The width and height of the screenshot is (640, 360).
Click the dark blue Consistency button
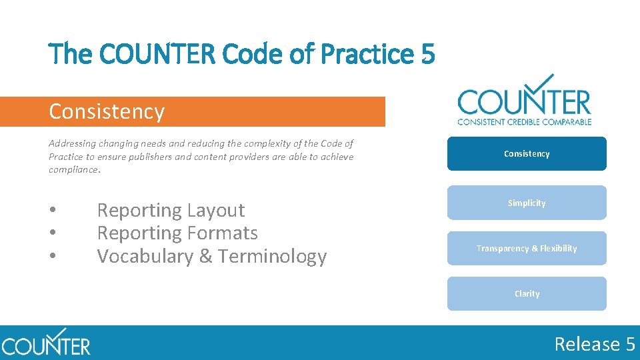click(x=527, y=154)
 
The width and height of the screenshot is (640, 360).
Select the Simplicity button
click(x=527, y=203)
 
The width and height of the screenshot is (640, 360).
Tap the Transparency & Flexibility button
click(x=527, y=248)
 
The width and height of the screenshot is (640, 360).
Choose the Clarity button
click(x=527, y=293)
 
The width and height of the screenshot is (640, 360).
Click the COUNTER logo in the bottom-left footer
click(x=45, y=343)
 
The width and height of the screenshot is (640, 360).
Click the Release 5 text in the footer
click(x=595, y=344)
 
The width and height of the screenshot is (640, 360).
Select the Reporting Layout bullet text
click(x=171, y=211)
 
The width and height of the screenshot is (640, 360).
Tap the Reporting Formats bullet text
click(x=177, y=233)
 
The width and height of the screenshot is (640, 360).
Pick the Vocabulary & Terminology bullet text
click(x=212, y=257)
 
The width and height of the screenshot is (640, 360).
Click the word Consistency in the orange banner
click(x=107, y=111)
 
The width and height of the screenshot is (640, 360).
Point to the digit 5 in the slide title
click(x=428, y=54)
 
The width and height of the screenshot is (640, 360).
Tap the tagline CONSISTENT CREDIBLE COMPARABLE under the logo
click(x=524, y=122)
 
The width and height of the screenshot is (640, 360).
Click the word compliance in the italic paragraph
click(x=73, y=170)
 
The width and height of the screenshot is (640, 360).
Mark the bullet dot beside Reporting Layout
click(x=53, y=211)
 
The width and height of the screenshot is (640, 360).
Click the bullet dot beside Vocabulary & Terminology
click(x=53, y=257)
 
